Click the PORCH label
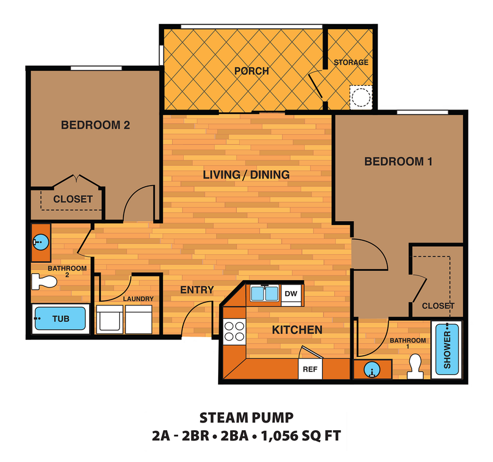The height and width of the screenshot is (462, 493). click(x=251, y=71)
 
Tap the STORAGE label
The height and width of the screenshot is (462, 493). click(x=351, y=62)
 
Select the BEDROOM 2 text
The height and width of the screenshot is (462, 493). click(x=95, y=125)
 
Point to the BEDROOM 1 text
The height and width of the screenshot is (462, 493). click(x=398, y=161)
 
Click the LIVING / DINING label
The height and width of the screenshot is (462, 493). click(x=246, y=175)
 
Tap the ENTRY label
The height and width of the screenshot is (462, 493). click(x=197, y=290)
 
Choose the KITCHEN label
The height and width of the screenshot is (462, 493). click(x=297, y=330)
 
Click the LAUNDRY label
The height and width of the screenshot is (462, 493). click(x=138, y=299)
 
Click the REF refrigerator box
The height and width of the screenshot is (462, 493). click(x=310, y=369)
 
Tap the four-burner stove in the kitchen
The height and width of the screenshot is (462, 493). click(x=235, y=331)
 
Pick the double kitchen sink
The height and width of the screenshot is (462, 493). click(x=265, y=294)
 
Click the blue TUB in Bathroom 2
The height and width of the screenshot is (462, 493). click(x=60, y=319)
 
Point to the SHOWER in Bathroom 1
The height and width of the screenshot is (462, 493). click(x=447, y=349)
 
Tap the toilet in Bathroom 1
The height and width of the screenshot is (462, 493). click(x=415, y=367)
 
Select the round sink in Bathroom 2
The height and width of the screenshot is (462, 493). click(x=40, y=241)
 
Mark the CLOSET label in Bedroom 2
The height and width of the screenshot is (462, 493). click(x=73, y=199)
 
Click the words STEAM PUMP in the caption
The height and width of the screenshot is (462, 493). click(x=246, y=419)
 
